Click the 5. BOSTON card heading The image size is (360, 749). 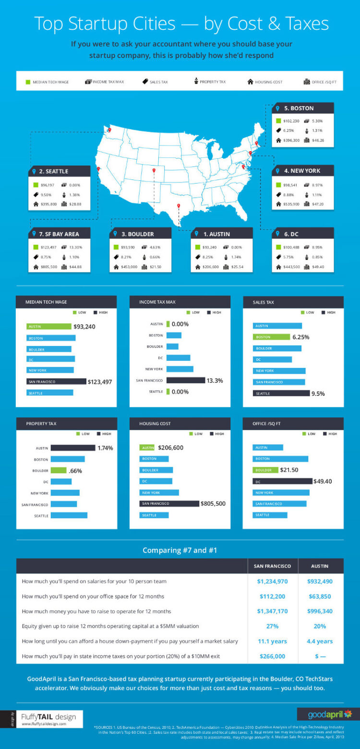(302, 108)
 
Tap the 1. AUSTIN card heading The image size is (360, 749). (216, 234)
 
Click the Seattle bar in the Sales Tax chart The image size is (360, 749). (281, 393)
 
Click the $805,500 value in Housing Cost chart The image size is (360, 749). (213, 504)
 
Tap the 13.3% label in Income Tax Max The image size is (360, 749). (215, 380)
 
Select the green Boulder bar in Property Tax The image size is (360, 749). (59, 471)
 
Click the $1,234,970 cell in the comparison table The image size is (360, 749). (272, 582)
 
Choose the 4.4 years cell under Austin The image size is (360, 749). (320, 641)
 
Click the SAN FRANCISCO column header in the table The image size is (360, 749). (272, 566)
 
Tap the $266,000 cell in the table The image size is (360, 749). (272, 656)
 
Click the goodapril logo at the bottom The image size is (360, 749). (326, 715)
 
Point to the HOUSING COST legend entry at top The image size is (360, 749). (265, 82)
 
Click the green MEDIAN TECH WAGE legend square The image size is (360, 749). (28, 82)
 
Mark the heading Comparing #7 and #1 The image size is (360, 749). (180, 550)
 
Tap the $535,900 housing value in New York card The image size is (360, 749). (291, 204)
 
